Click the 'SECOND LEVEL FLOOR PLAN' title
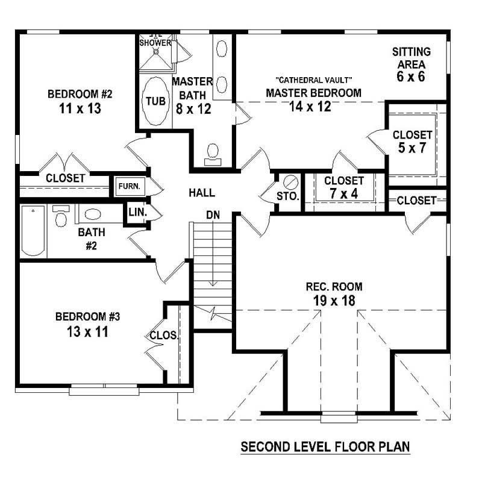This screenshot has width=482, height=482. (325, 447)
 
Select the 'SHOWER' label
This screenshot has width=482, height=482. (155, 43)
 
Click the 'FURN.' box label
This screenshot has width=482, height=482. (128, 186)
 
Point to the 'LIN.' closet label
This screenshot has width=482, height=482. (136, 213)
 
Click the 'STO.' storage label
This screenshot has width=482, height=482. (288, 196)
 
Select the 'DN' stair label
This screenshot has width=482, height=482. (212, 214)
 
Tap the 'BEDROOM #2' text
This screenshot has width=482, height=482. (80, 94)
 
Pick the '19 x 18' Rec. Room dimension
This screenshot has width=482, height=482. (333, 301)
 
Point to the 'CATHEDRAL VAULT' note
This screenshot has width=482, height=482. (313, 80)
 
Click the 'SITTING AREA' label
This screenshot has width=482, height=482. (411, 58)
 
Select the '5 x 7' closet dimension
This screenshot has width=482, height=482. (412, 148)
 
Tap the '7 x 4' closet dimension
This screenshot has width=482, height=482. (344, 194)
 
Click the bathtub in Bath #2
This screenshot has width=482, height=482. (33, 230)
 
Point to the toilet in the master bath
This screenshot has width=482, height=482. (212, 153)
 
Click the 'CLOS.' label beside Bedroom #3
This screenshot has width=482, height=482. (163, 336)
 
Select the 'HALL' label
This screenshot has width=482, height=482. (202, 193)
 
